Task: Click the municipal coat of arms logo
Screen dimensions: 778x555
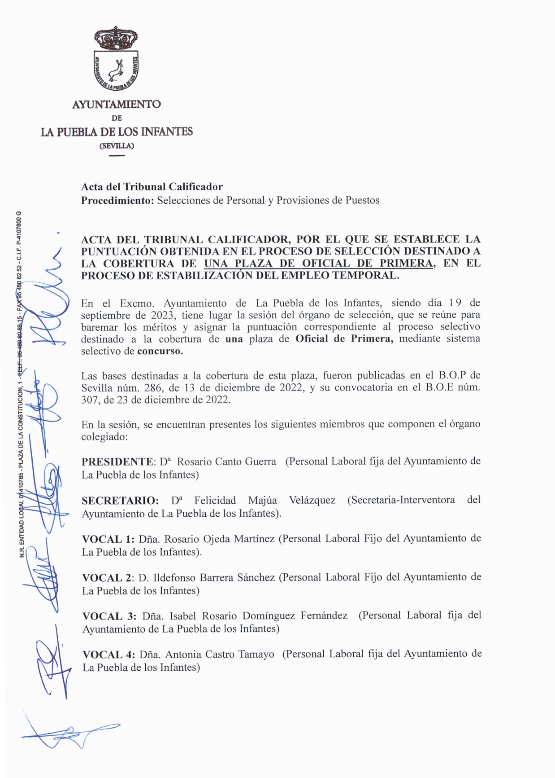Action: coord(116,58)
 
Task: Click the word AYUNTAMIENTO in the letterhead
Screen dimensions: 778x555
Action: coord(116,104)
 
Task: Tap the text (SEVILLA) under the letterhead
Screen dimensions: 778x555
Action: coord(116,146)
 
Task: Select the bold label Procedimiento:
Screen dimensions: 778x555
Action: coord(117,201)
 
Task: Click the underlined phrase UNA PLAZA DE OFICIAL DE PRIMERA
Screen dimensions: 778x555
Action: coord(318,264)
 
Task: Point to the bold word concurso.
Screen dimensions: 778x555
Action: coord(160,351)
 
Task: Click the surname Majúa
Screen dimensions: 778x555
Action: coord(262,500)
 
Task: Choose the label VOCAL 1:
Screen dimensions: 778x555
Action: coord(108,539)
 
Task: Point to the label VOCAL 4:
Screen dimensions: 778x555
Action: coord(108,655)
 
